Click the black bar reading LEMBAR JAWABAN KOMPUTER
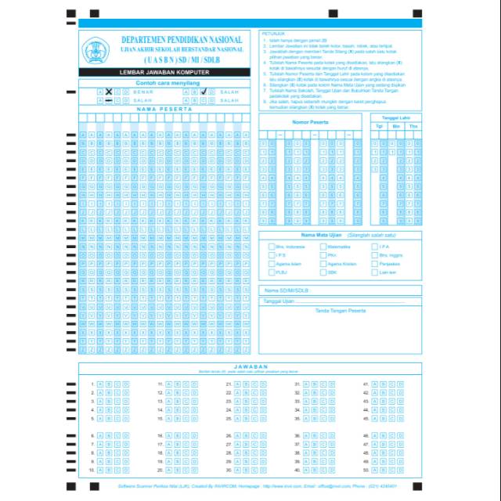click(x=164, y=73)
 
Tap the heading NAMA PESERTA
click(x=164, y=109)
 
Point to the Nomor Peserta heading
click(x=310, y=123)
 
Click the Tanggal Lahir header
click(x=396, y=117)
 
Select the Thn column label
click(x=413, y=125)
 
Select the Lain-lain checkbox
click(x=375, y=272)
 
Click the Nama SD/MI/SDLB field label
click(x=287, y=290)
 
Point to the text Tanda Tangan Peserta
click(x=340, y=311)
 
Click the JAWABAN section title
click(x=250, y=366)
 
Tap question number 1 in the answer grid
click(x=92, y=384)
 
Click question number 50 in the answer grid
click(x=365, y=470)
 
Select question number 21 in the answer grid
click(x=229, y=384)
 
